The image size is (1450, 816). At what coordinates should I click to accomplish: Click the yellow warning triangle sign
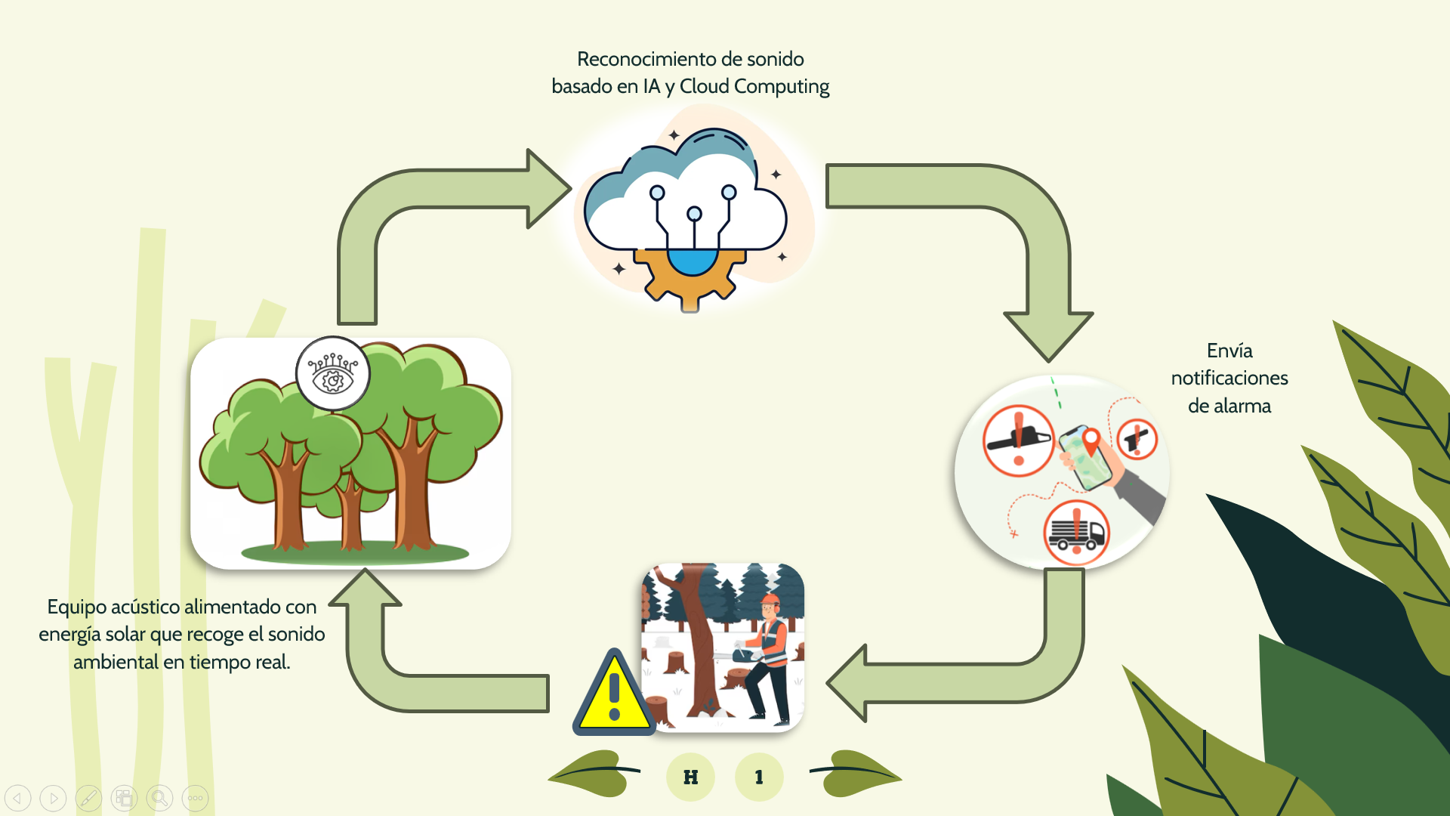click(613, 696)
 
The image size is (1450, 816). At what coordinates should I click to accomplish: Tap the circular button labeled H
click(690, 777)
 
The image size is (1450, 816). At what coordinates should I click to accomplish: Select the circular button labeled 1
click(759, 777)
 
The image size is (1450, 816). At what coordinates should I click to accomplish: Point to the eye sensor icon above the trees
click(332, 373)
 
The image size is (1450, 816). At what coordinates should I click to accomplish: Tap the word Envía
click(1229, 351)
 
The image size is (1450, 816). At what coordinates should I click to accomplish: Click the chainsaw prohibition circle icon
click(1018, 441)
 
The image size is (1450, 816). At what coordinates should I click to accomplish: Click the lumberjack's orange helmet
click(770, 601)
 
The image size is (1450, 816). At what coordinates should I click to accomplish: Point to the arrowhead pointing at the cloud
click(547, 188)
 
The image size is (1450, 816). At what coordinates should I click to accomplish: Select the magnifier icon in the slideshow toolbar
click(159, 798)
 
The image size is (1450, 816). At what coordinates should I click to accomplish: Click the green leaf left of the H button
click(593, 772)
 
